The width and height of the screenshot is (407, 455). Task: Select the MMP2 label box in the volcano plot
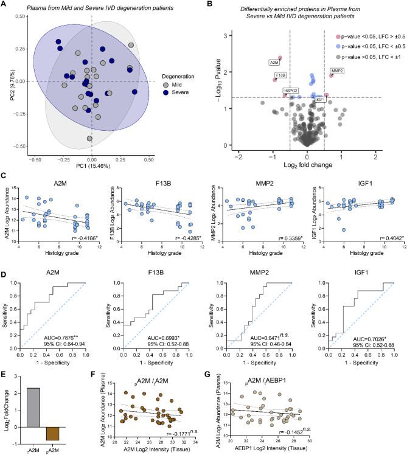click(336, 71)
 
